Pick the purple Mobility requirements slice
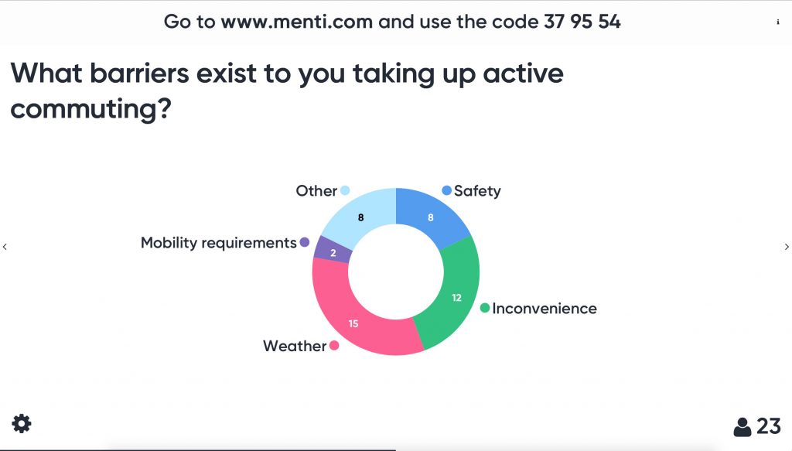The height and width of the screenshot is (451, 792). tap(333, 251)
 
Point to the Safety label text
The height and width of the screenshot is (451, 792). tap(477, 191)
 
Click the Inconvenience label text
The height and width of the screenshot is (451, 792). tap(544, 308)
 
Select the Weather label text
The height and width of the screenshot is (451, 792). tap(295, 346)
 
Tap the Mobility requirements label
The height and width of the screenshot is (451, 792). tap(218, 243)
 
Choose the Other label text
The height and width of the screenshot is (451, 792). tap(316, 191)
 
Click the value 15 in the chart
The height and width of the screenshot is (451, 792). tap(353, 323)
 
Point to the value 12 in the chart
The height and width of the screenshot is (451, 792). tap(456, 298)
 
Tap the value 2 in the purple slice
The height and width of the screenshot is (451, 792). tap(333, 253)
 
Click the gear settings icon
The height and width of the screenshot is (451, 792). tap(21, 424)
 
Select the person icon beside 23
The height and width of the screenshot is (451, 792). tap(742, 427)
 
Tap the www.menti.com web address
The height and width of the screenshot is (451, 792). tap(297, 22)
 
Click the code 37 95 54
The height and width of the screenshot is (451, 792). tap(582, 22)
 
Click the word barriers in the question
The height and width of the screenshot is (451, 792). tap(140, 73)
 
